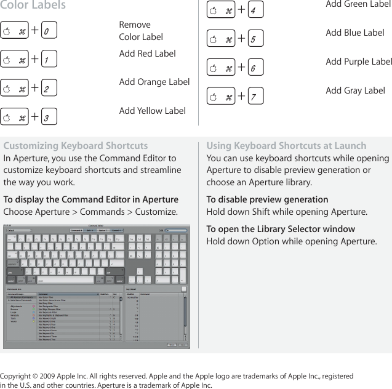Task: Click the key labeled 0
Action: coord(49,31)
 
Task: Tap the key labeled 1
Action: coord(49,60)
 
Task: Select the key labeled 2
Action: coord(49,89)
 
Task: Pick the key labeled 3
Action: coord(49,117)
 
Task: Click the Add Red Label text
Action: coord(147,54)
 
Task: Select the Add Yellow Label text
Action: coord(152,111)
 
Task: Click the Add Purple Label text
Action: coord(358,62)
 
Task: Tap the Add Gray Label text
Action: coord(355,90)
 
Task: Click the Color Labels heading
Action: coord(33,6)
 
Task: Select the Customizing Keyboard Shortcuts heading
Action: coord(76,146)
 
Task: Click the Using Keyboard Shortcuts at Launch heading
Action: coord(286,146)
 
